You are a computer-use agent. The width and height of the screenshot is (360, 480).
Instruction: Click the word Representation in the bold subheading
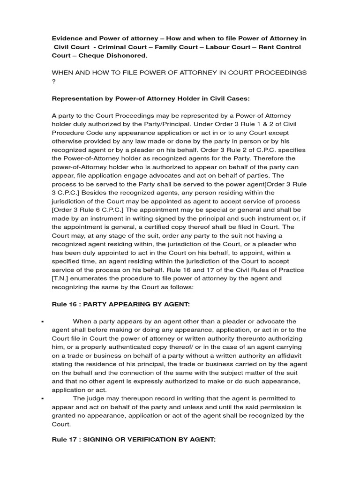coord(76,98)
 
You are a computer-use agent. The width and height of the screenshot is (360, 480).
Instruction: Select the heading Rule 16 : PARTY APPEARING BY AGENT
coord(120,304)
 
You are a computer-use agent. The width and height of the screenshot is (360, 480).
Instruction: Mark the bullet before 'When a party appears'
coord(43,322)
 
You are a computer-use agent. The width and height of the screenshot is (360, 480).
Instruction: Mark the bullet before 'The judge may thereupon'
coord(43,398)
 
